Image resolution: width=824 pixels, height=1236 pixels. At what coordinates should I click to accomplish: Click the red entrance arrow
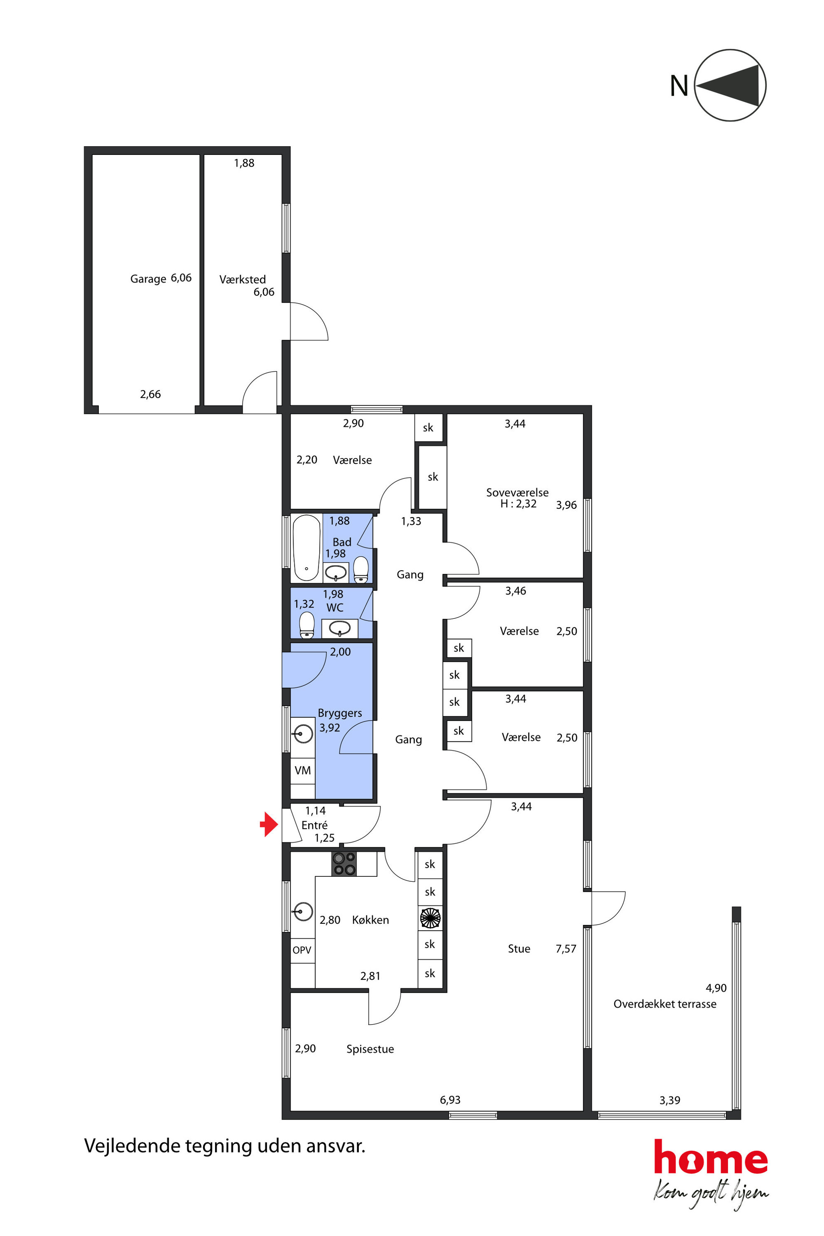(269, 824)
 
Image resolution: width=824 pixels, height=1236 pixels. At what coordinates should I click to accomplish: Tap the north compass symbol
(730, 85)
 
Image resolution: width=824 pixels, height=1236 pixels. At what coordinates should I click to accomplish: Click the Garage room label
(148, 279)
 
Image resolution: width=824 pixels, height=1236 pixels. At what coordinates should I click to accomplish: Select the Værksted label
(242, 279)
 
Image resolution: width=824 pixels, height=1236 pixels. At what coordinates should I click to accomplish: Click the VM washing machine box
(303, 770)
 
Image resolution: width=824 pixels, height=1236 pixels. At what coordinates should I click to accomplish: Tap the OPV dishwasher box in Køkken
(302, 950)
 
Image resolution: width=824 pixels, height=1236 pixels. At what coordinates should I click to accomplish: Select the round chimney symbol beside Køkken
(430, 918)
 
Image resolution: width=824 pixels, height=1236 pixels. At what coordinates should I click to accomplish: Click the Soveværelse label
(517, 493)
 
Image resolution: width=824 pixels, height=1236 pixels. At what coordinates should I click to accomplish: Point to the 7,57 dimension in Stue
(566, 949)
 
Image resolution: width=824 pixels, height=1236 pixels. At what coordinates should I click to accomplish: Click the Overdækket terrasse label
(665, 1004)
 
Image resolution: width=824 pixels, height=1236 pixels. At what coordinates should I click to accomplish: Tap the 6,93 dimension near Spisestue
(450, 1100)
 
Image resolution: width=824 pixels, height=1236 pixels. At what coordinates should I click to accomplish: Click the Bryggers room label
(339, 713)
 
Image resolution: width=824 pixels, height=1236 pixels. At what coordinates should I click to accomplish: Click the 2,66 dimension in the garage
(150, 394)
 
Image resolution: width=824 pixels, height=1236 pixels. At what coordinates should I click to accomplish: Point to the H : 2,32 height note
(518, 503)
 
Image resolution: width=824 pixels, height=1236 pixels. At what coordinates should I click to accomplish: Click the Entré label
(314, 825)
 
